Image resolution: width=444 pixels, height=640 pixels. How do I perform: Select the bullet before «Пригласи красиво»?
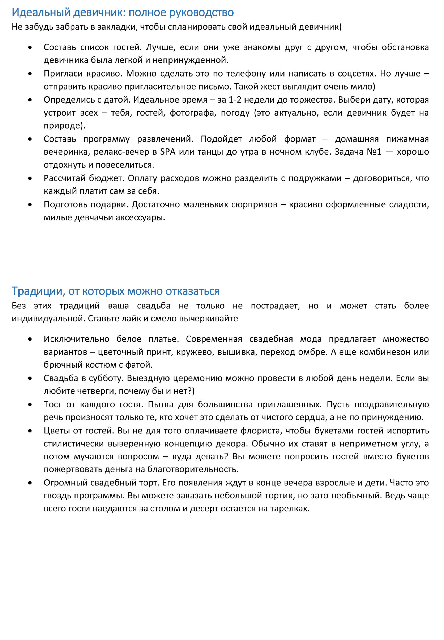click(x=30, y=74)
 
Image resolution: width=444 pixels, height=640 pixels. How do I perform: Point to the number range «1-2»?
click(x=235, y=100)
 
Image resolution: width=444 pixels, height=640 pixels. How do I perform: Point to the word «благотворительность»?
click(x=193, y=470)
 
